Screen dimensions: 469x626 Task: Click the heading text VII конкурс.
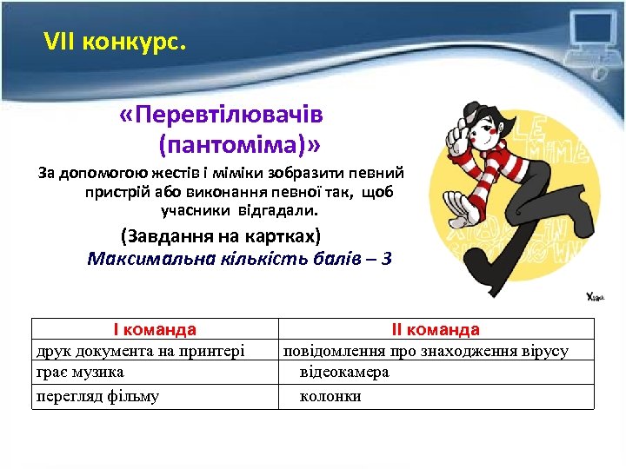pyautogui.click(x=115, y=40)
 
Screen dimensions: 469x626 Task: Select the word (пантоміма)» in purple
pyautogui.click(x=239, y=139)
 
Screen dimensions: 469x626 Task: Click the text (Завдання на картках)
pyautogui.click(x=221, y=236)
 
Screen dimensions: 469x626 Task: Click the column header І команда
pyautogui.click(x=155, y=330)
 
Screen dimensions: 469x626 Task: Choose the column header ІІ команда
pyautogui.click(x=436, y=330)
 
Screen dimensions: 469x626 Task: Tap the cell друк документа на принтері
pyautogui.click(x=140, y=351)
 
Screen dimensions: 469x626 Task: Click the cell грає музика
pyautogui.click(x=79, y=372)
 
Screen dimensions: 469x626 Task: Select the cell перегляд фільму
pyautogui.click(x=97, y=396)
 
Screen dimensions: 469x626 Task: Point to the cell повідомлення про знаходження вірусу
pyautogui.click(x=424, y=351)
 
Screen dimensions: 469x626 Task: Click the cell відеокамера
pyautogui.click(x=344, y=372)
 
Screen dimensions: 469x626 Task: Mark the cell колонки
pyautogui.click(x=330, y=396)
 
